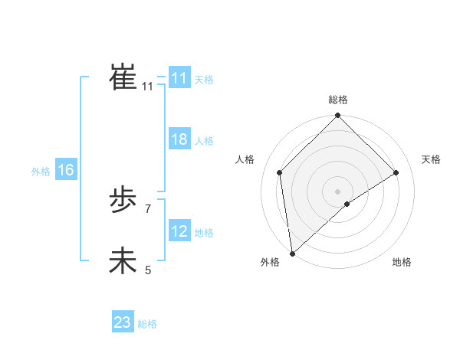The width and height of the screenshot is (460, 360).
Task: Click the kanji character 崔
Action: [x=123, y=78]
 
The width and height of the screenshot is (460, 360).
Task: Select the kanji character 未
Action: [x=123, y=261]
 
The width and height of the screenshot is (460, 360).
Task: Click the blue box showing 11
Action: [x=179, y=78]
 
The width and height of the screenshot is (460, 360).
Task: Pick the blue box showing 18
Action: [x=179, y=140]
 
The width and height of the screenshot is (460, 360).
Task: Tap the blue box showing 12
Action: [x=179, y=231]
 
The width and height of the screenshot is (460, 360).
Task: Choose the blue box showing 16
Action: [x=65, y=170]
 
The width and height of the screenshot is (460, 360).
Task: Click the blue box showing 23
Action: [x=122, y=322]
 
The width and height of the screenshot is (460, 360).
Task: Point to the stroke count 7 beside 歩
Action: [x=148, y=208]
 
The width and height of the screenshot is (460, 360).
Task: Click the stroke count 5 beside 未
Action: [x=148, y=270]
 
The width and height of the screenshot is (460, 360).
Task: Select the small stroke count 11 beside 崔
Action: [x=148, y=87]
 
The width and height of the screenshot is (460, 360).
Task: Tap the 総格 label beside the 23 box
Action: [x=147, y=324]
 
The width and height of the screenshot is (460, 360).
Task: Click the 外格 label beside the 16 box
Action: [x=41, y=172]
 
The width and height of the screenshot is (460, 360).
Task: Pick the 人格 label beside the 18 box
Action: [x=204, y=141]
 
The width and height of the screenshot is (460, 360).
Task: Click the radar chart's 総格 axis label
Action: [x=337, y=100]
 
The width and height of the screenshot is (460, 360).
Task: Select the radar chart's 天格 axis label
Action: [x=431, y=159]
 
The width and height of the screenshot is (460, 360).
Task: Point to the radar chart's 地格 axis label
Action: [x=402, y=262]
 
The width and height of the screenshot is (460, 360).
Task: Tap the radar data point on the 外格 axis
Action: [x=292, y=254]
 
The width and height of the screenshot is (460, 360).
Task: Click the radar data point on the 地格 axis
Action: [x=347, y=204]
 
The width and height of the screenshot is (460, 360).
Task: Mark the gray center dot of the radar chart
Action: [x=337, y=191]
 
